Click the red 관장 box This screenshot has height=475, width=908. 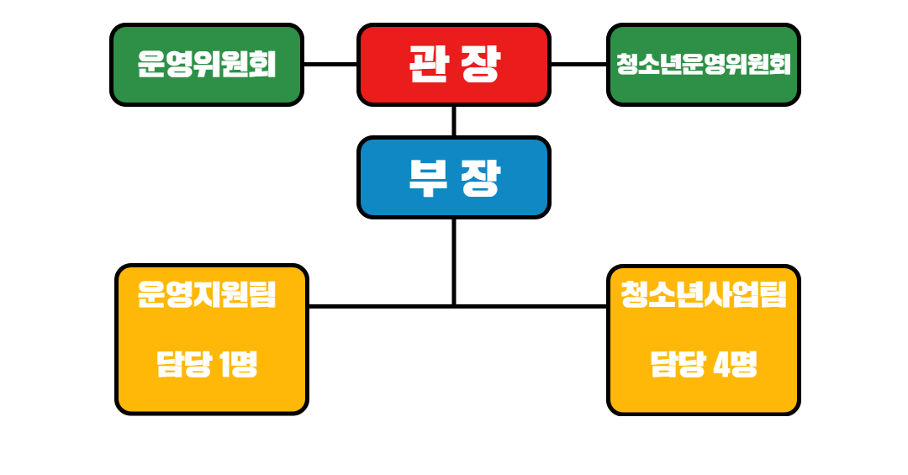pos(454,65)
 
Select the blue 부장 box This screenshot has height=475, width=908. pos(454,177)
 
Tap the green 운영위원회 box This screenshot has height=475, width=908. pos(207,65)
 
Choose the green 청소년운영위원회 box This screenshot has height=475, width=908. pos(703,65)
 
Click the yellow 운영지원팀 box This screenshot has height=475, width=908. pos(212,340)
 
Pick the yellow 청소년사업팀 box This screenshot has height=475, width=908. pos(703,340)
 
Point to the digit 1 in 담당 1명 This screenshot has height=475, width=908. pos(224,366)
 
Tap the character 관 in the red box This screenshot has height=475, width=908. pos(428,64)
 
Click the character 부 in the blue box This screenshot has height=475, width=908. pos(428,177)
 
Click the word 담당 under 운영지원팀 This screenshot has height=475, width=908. pos(183,366)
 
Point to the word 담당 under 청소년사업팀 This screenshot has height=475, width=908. pos(677,366)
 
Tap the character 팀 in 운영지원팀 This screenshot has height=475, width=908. pos(263,295)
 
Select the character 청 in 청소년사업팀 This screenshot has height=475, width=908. pos(636,295)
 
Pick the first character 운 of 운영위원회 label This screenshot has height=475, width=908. pos(151,65)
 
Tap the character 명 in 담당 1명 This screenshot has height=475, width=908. pos(245,366)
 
